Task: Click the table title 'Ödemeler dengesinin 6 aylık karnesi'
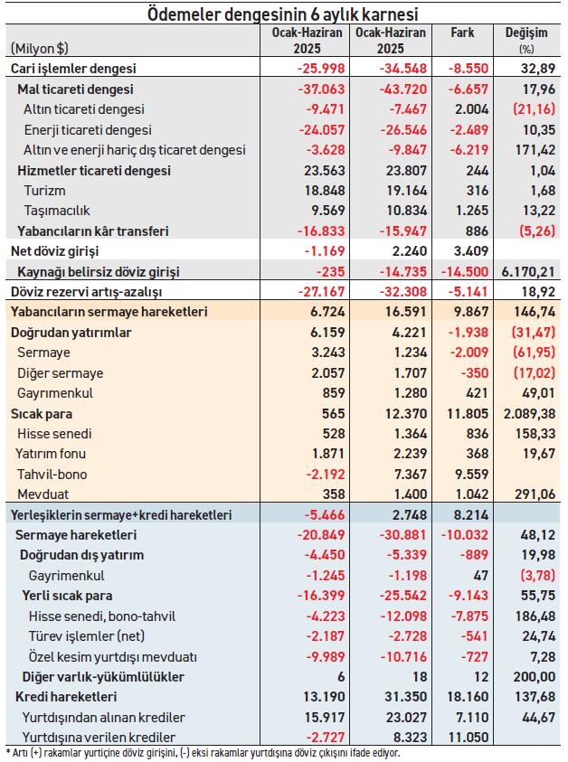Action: pos(282,14)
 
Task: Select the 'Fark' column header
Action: pos(462,33)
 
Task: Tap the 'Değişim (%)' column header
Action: pos(526,40)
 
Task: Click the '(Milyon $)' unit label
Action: pos(40,49)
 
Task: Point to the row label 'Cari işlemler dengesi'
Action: pos(73,69)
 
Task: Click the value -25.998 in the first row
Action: pos(321,69)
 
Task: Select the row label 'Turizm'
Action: pos(44,191)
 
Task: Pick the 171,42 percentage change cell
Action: pos(535,150)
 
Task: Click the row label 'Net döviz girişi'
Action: pos(54,251)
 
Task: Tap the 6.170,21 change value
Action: pos(528,272)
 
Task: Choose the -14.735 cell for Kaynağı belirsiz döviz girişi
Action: pos(403,272)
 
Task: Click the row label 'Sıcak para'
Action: pos(42,414)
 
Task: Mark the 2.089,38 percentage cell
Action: pos(529,414)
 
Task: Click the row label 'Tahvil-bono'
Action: pos(52,475)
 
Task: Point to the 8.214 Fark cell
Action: pos(468,514)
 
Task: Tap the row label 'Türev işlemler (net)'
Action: pos(87,636)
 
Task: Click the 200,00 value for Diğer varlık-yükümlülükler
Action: pos(534,676)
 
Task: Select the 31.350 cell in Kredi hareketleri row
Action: pos(405,697)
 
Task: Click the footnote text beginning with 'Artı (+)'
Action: pos(204,753)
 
